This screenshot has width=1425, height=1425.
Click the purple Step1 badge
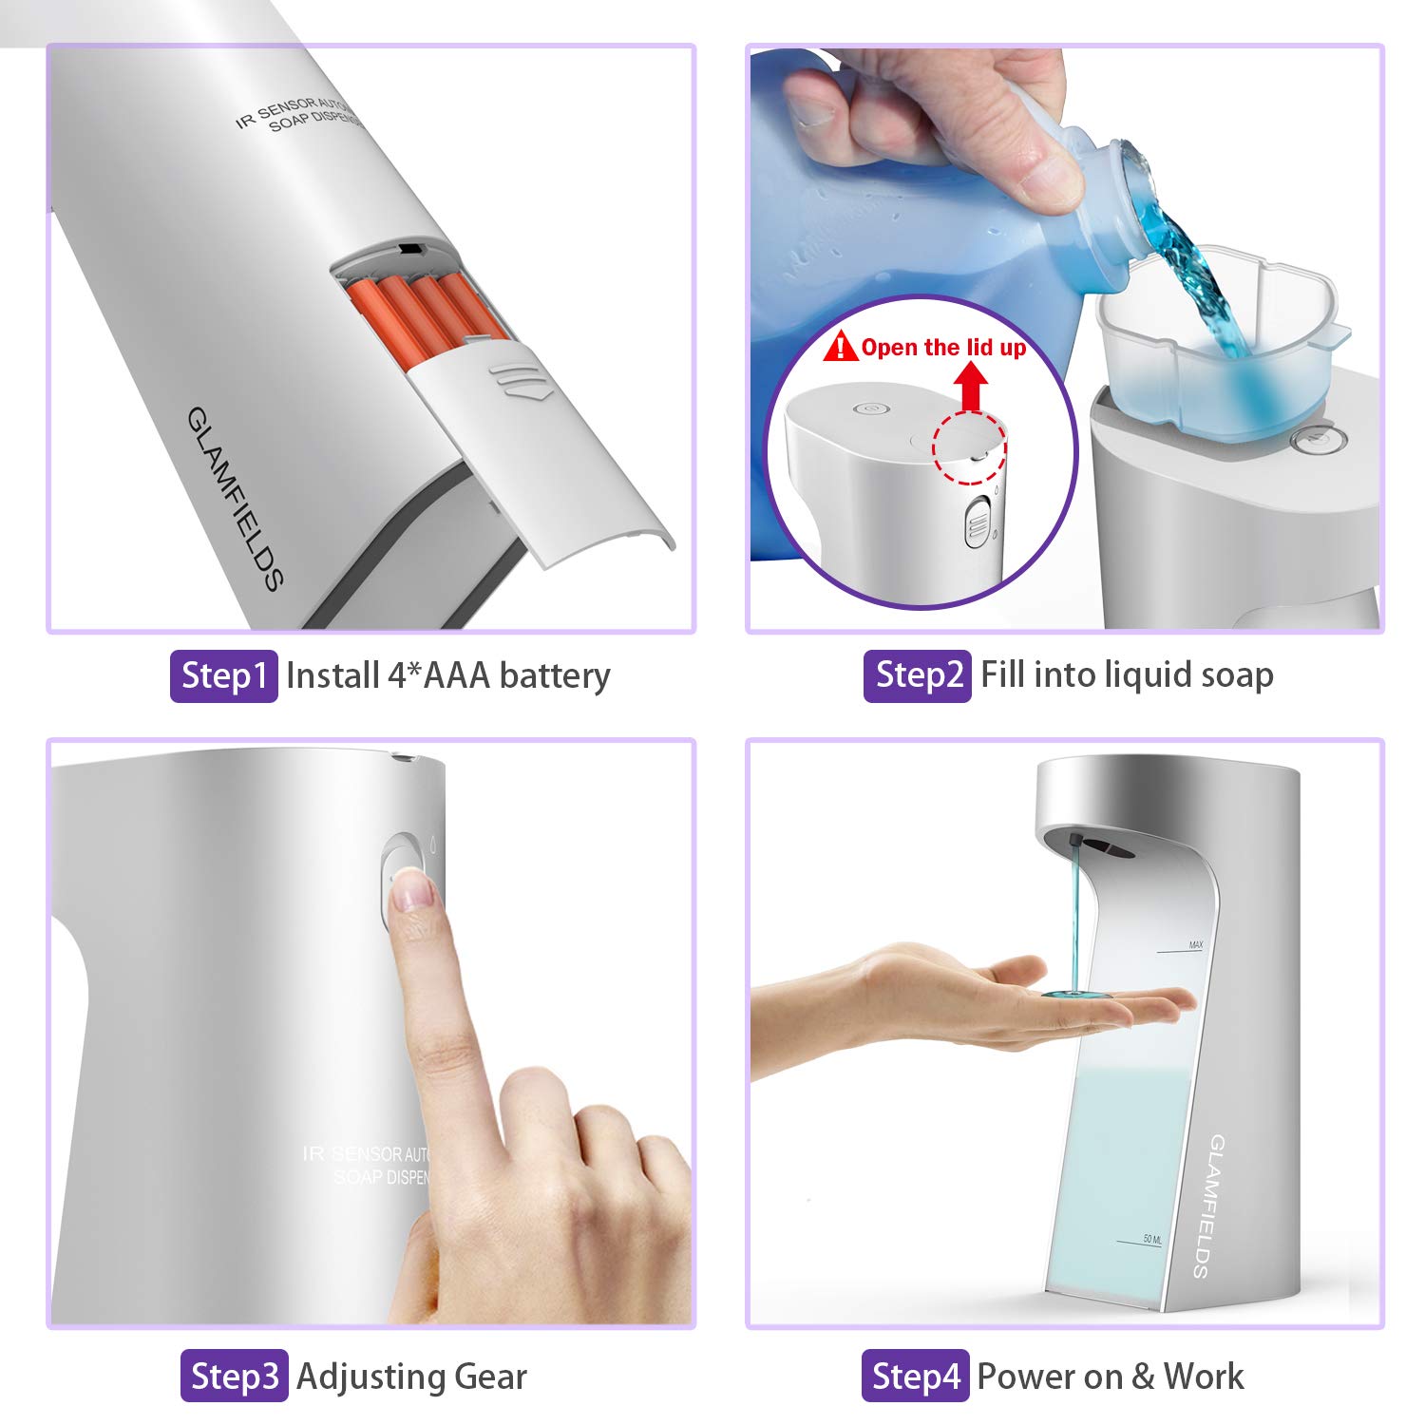coord(223,675)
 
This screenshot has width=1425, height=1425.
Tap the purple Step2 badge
coord(917,675)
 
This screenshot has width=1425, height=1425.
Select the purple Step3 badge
coord(234,1376)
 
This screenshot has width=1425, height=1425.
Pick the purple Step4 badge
coord(915,1376)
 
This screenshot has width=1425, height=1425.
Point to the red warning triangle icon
coord(840,347)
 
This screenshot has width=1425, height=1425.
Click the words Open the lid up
coord(943,348)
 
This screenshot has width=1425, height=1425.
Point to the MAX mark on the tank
coord(1194,945)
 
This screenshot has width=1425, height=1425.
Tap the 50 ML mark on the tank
coord(1151,1239)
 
